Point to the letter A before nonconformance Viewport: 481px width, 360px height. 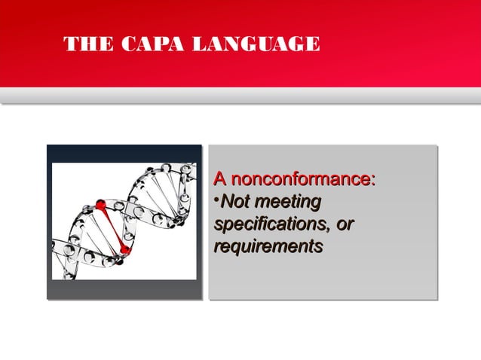click(x=219, y=180)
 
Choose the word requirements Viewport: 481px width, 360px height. click(x=268, y=247)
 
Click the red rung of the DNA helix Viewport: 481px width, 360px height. click(x=112, y=227)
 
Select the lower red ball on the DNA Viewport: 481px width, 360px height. click(x=124, y=250)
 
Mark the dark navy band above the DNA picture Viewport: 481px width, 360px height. click(x=124, y=153)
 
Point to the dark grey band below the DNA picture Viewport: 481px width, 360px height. click(x=124, y=290)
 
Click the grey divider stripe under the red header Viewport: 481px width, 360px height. click(x=240, y=96)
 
